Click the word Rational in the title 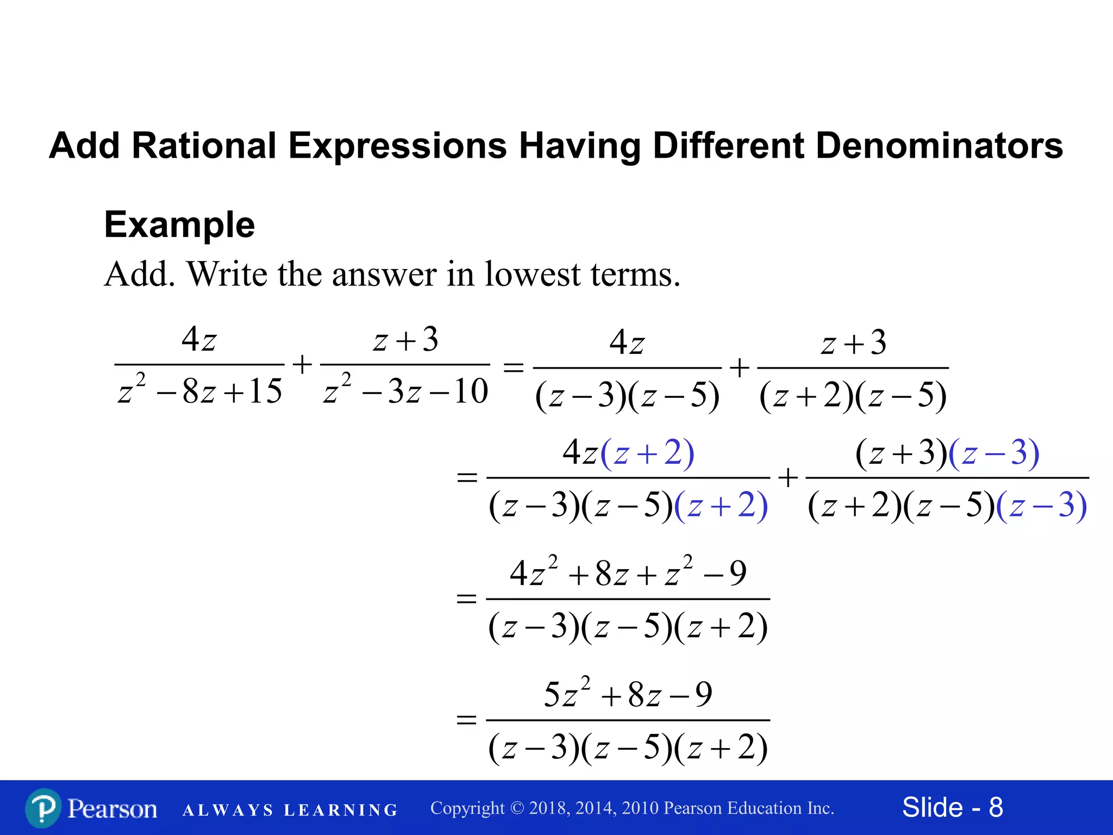(x=204, y=146)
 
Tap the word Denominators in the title (x=939, y=146)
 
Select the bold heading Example (x=179, y=225)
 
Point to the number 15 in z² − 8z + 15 (x=266, y=391)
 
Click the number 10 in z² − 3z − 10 (x=471, y=391)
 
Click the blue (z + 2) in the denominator (x=721, y=506)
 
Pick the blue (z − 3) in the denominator (x=1041, y=506)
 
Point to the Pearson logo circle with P (x=43, y=808)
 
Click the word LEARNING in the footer (x=341, y=810)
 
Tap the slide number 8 (x=996, y=807)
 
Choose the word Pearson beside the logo (x=112, y=809)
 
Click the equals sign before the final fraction (x=466, y=720)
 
